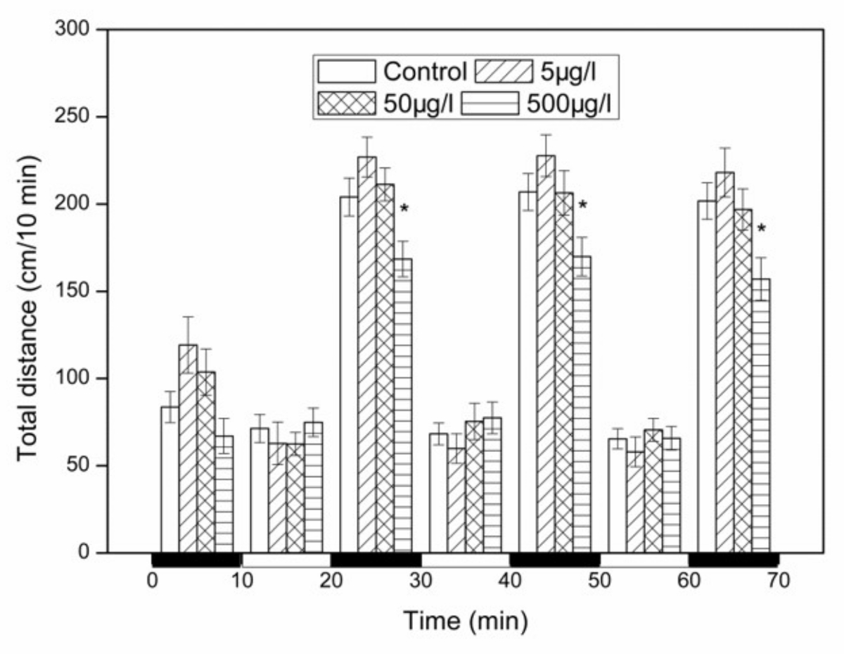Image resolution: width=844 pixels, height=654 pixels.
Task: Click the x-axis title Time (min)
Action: coord(465,620)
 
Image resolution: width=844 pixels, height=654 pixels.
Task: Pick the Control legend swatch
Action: coord(346,71)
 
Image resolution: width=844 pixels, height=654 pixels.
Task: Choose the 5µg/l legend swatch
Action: coord(504,71)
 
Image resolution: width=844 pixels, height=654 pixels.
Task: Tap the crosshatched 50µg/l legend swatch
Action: coord(346,103)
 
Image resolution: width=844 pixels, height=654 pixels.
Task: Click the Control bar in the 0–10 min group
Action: coord(170,479)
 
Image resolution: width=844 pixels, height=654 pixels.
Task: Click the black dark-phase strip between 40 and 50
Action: coord(554,560)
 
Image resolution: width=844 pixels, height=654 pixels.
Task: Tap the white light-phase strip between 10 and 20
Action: coord(286,560)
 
